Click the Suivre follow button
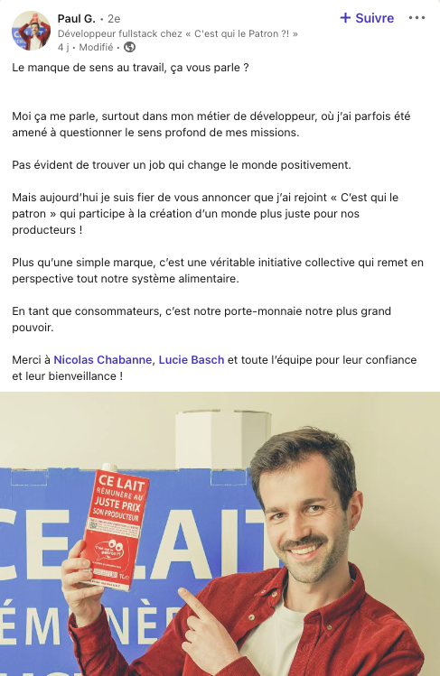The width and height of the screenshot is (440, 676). [367, 18]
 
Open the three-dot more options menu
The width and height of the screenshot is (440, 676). [417, 18]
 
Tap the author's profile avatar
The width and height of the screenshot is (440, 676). [31, 31]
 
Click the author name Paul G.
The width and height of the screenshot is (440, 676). [77, 18]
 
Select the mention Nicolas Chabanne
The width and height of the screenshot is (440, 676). [103, 359]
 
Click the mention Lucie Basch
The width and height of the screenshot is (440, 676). [192, 359]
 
